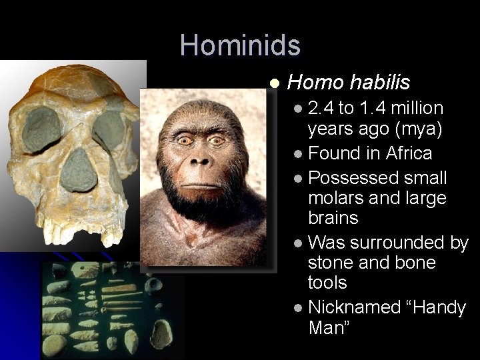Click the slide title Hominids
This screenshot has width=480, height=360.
click(240, 45)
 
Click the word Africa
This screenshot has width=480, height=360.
click(409, 153)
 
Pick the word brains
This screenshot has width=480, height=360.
click(333, 218)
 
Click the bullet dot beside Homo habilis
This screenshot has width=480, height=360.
click(274, 83)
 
